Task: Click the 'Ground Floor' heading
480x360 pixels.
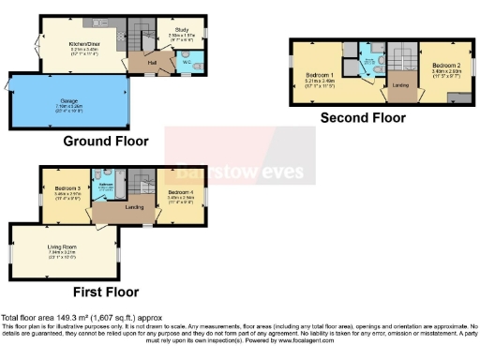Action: tap(105, 142)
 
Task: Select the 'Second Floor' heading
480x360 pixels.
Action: tap(363, 118)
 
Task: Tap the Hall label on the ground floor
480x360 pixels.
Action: tap(150, 63)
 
